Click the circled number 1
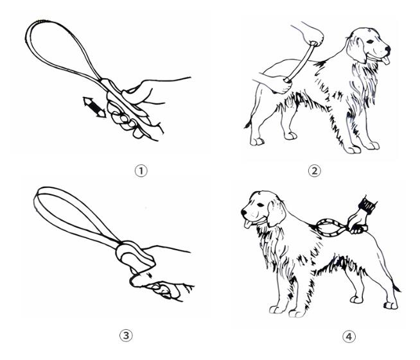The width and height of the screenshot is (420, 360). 141,171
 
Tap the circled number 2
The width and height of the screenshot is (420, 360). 315,171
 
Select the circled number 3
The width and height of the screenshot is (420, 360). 126,336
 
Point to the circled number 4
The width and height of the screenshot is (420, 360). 349,336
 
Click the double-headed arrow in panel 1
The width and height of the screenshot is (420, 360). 94,107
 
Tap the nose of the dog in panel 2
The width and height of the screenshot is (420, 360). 388,49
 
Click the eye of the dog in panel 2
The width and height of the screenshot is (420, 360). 370,42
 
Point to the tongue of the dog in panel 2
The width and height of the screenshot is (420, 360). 385,60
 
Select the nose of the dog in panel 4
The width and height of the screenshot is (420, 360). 244,213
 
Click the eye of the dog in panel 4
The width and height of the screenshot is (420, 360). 260,205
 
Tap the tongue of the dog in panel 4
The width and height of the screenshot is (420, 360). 248,224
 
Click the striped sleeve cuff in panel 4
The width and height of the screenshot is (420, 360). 367,205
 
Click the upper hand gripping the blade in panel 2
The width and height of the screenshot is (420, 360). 312,34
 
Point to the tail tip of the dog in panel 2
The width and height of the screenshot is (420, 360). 247,125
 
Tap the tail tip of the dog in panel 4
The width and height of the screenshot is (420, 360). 397,289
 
